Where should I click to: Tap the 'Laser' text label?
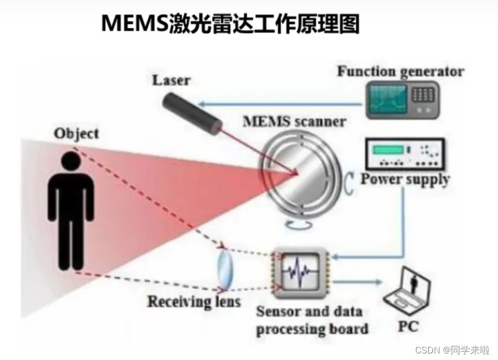[171, 81]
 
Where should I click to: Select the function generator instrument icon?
[402, 99]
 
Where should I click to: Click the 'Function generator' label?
[400, 71]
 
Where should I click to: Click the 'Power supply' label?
[405, 179]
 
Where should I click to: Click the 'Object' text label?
[76, 133]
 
